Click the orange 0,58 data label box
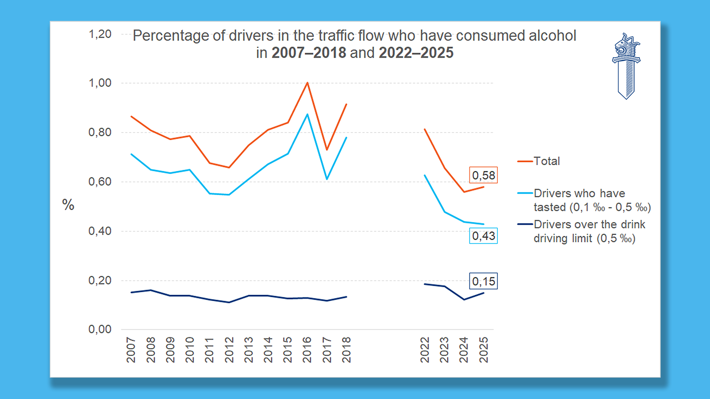point(483,175)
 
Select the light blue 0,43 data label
point(483,236)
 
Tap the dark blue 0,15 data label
point(483,281)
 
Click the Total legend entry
point(546,161)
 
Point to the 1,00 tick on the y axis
point(100,83)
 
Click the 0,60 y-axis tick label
point(100,181)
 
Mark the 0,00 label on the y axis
point(100,329)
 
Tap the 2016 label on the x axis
point(307,350)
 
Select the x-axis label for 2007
point(131,350)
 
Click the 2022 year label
point(425,350)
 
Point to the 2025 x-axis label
point(484,350)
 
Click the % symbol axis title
point(68,205)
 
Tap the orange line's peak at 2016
point(308,82)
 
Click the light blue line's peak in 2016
point(308,114)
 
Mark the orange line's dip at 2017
point(327,150)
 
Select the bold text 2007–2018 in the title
point(308,53)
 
